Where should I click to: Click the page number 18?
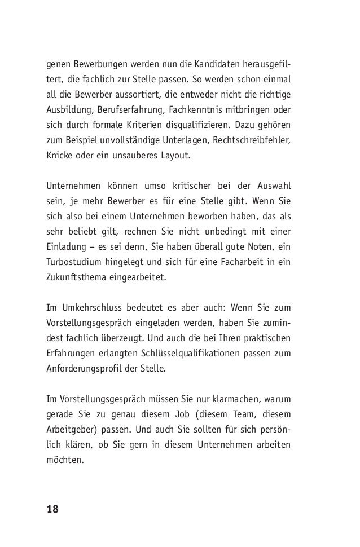[x=52, y=509]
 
